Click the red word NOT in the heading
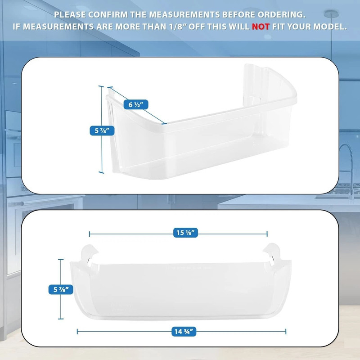[261, 27]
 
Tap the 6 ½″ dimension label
[135, 104]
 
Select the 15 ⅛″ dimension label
[186, 233]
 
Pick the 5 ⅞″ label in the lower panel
[60, 290]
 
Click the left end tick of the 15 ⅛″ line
[90, 234]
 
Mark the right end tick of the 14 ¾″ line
[285, 332]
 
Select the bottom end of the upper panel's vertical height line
[101, 172]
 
